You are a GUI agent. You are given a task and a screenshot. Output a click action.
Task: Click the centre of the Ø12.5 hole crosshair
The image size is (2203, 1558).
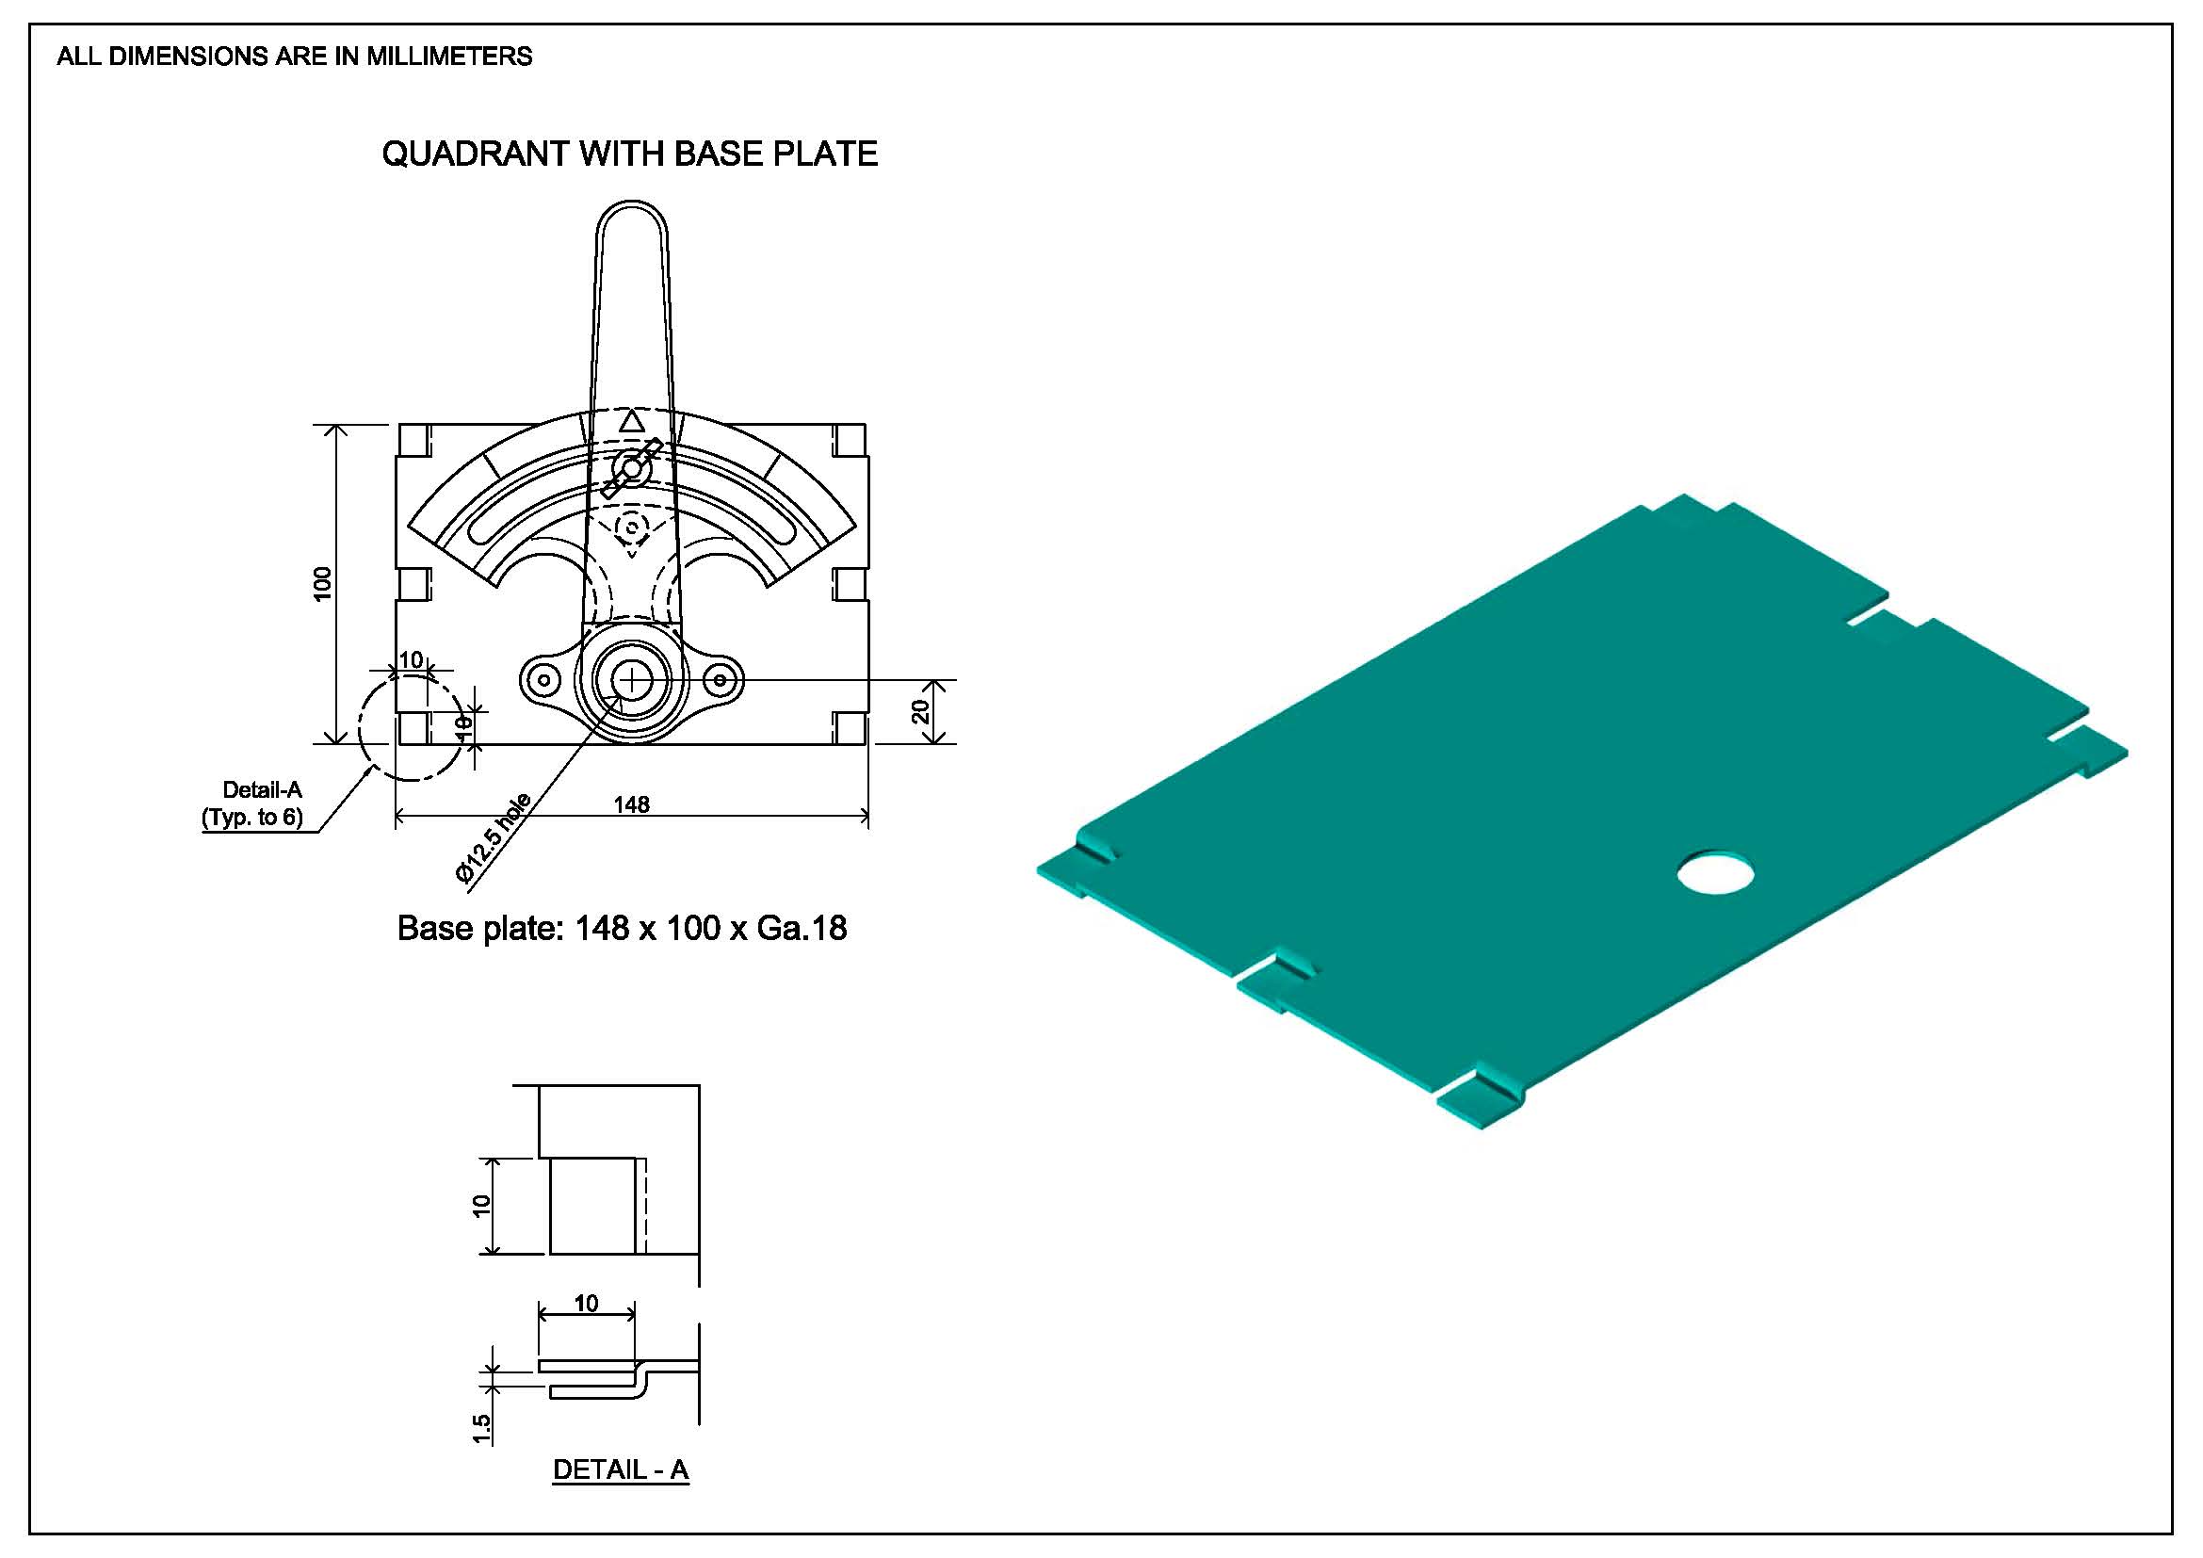[632, 680]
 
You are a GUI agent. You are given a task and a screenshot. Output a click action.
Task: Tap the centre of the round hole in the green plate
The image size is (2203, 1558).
[1715, 873]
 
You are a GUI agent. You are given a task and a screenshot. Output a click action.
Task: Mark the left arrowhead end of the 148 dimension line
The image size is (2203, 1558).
[397, 818]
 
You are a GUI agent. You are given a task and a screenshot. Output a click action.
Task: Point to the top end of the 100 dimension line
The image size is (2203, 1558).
[335, 425]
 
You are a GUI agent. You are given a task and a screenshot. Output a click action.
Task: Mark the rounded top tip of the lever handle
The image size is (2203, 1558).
[631, 202]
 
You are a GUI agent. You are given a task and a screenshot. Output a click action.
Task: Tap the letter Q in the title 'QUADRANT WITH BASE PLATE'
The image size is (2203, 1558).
[395, 154]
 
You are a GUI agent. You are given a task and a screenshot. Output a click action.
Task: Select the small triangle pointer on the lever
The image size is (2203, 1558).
[630, 421]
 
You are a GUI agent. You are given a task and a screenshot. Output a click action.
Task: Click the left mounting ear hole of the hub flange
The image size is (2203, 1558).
[545, 681]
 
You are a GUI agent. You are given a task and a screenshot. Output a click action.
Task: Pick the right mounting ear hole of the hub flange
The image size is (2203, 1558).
[720, 681]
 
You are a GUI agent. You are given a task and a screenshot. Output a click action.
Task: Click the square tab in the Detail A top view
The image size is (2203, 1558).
[592, 1206]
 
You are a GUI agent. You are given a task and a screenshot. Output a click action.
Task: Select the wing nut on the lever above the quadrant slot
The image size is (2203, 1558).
[630, 468]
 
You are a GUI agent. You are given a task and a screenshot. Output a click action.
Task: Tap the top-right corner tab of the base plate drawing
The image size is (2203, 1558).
[850, 440]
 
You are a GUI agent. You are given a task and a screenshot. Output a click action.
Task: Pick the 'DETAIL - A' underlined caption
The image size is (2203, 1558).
[621, 1470]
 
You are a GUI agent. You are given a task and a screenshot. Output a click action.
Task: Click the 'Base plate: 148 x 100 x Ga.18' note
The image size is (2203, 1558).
[622, 929]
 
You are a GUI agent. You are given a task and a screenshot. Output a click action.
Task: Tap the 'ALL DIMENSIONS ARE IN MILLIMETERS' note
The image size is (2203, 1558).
[295, 57]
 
